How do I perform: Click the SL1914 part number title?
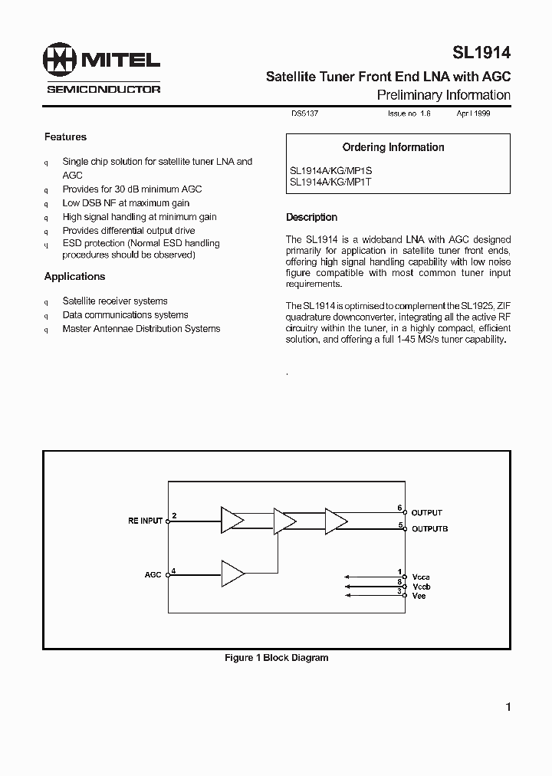click(480, 52)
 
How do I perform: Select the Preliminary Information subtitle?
click(443, 95)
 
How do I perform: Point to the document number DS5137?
click(304, 113)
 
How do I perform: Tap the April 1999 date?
click(474, 113)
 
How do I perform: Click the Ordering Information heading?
click(393, 147)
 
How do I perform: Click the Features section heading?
click(66, 137)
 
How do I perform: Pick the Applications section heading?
click(74, 277)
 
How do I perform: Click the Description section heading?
click(311, 218)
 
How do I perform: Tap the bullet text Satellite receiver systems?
click(115, 301)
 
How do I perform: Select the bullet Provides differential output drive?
click(129, 230)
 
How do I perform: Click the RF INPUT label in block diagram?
click(145, 521)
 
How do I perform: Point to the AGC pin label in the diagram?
click(153, 574)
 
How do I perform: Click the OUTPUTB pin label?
click(429, 529)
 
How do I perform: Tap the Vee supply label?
click(419, 596)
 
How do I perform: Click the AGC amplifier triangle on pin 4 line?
click(232, 573)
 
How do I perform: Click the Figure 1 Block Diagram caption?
click(276, 658)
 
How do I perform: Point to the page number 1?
click(508, 708)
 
